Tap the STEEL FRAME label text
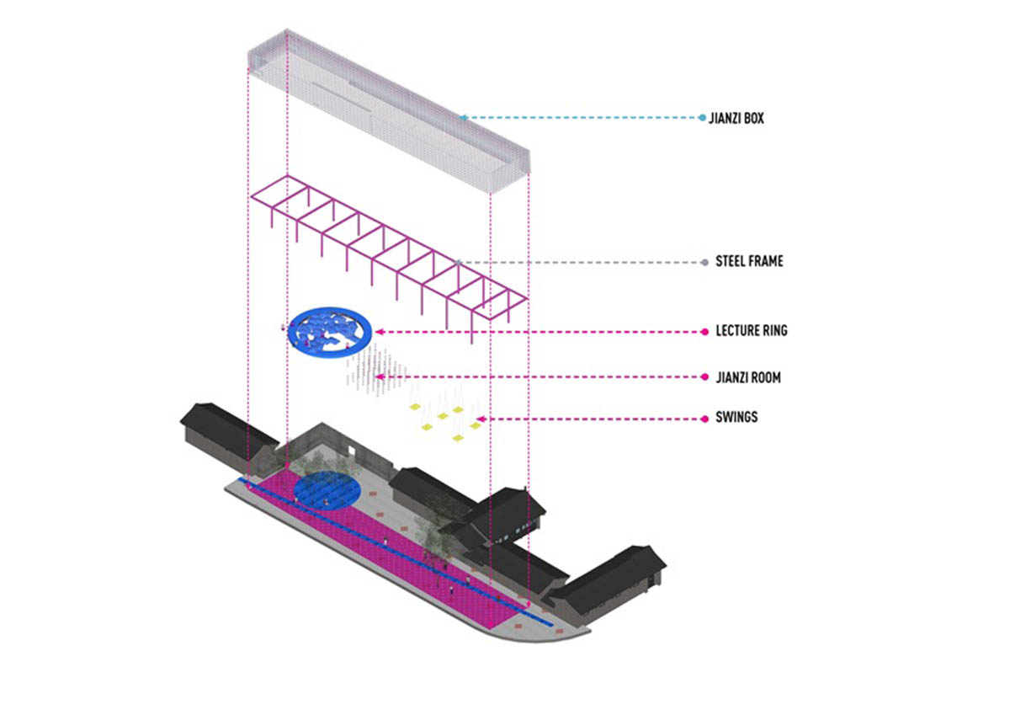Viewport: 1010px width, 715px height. [748, 262]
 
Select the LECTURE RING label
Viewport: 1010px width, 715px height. [751, 331]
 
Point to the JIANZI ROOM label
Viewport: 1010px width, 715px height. [747, 378]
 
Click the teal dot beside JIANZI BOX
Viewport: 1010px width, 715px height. [703, 118]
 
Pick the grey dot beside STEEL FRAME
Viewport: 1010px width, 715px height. [704, 262]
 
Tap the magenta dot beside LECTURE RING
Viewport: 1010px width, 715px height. [704, 331]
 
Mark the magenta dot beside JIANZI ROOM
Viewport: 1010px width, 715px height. [704, 378]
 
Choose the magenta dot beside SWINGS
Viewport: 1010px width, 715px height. [704, 417]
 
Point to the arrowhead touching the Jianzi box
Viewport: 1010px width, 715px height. [463, 117]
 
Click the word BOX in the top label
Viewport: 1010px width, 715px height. [753, 119]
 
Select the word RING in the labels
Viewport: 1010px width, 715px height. [773, 331]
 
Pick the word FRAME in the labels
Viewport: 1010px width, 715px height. [767, 262]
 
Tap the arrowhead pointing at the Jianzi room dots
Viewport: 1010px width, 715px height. [380, 376]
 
